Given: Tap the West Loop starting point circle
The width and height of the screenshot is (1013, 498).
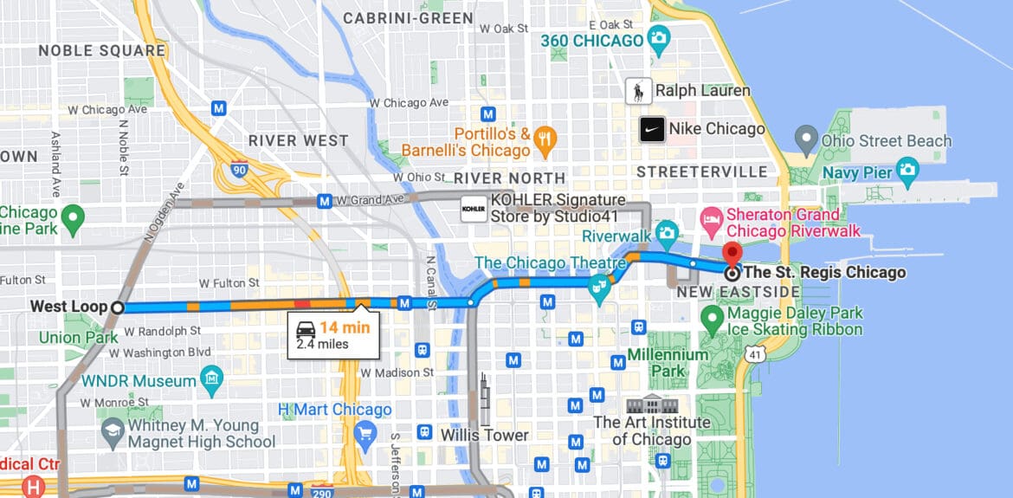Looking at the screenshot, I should [x=118, y=307].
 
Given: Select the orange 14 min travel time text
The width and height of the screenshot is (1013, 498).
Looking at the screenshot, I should [x=345, y=327].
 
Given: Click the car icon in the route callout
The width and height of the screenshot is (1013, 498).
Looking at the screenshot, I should [x=306, y=328].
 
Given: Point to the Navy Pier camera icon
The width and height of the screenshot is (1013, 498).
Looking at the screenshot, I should [x=907, y=168].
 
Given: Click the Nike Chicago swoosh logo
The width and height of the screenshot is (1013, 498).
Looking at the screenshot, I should [x=652, y=130].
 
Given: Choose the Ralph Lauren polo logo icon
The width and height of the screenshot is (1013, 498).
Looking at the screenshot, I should [x=638, y=90].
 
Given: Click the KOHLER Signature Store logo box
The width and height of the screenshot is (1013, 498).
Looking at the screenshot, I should [x=473, y=209].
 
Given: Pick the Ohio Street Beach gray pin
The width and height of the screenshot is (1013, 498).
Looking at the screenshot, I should [x=806, y=137].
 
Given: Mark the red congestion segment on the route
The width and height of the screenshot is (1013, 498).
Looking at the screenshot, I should [x=302, y=305].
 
